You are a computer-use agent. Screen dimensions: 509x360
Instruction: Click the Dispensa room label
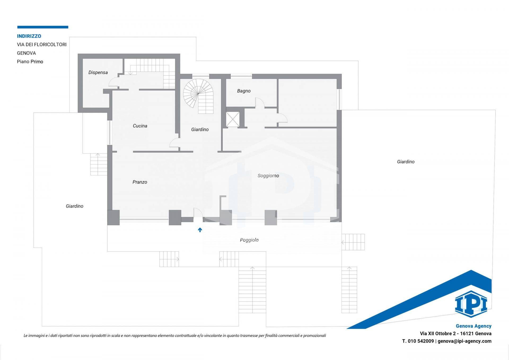tap(98, 73)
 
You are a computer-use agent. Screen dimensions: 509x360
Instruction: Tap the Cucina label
tap(140, 126)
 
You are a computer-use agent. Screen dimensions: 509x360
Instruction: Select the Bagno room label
tap(244, 91)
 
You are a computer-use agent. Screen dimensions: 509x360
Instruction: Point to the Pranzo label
tap(140, 182)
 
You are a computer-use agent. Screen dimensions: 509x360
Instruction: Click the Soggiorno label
tap(268, 176)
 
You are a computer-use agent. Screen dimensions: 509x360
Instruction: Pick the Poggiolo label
tap(249, 240)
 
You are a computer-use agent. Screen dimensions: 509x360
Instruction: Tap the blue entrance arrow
tap(200, 230)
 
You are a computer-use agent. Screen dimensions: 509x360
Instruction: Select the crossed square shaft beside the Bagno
tap(233, 119)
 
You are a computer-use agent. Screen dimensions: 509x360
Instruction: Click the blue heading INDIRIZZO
tap(29, 36)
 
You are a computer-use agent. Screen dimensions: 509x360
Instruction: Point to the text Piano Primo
tap(30, 62)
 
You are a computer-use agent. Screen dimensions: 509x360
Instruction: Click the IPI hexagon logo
tap(471, 304)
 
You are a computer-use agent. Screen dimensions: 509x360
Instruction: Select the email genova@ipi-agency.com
tap(464, 341)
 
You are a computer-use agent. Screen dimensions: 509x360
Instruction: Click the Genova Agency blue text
tap(473, 326)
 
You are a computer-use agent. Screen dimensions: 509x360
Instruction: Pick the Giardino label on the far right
tap(406, 162)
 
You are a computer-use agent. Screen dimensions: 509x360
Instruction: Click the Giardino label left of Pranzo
tap(74, 206)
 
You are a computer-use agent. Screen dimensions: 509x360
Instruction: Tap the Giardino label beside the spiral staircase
tap(200, 130)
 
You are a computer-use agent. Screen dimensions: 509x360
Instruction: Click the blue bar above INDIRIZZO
tap(43, 27)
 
